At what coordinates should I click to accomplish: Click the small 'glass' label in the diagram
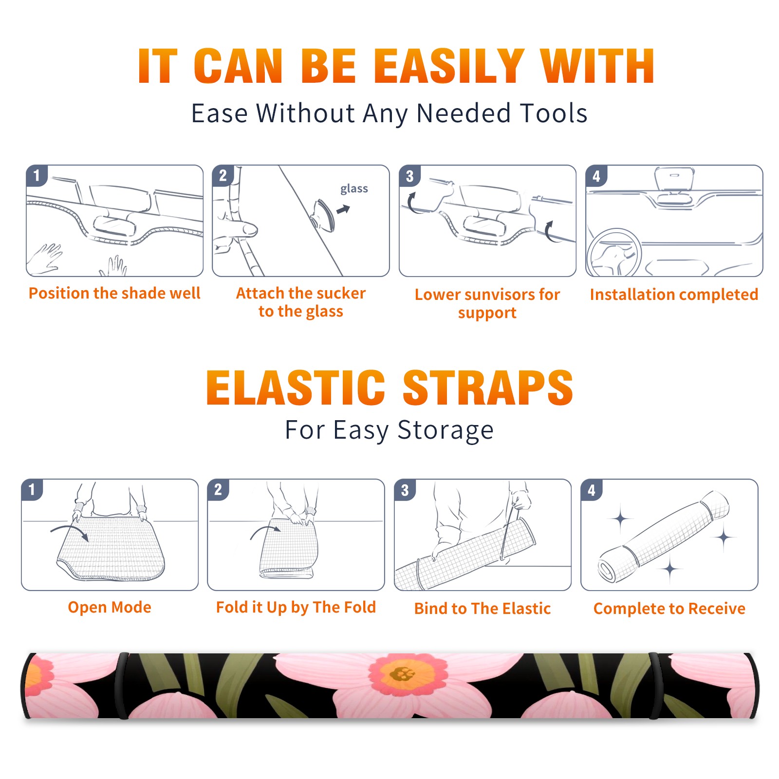[354, 188]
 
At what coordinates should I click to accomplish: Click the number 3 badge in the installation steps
[409, 176]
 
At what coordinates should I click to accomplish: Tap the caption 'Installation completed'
[674, 294]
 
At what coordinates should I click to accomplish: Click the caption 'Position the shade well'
[114, 293]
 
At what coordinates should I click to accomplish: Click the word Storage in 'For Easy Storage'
[445, 430]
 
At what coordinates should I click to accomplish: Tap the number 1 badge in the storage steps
[32, 489]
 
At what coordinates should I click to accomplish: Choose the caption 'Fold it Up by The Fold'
[296, 607]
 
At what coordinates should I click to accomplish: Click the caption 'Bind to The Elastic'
[482, 609]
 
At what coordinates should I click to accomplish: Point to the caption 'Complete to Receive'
[669, 609]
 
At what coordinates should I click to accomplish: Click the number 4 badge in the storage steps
[592, 489]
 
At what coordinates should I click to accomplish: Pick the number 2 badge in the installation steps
[223, 176]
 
